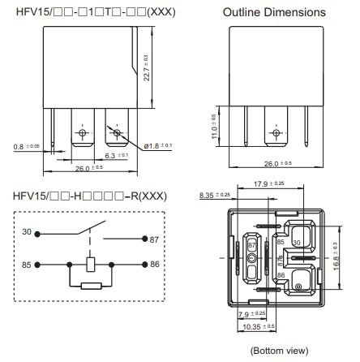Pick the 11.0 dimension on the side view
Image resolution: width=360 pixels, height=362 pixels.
213,128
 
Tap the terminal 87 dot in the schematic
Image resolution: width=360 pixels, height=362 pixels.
144,239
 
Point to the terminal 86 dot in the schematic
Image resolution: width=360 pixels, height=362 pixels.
144,264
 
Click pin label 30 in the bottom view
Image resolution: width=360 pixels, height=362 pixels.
298,243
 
